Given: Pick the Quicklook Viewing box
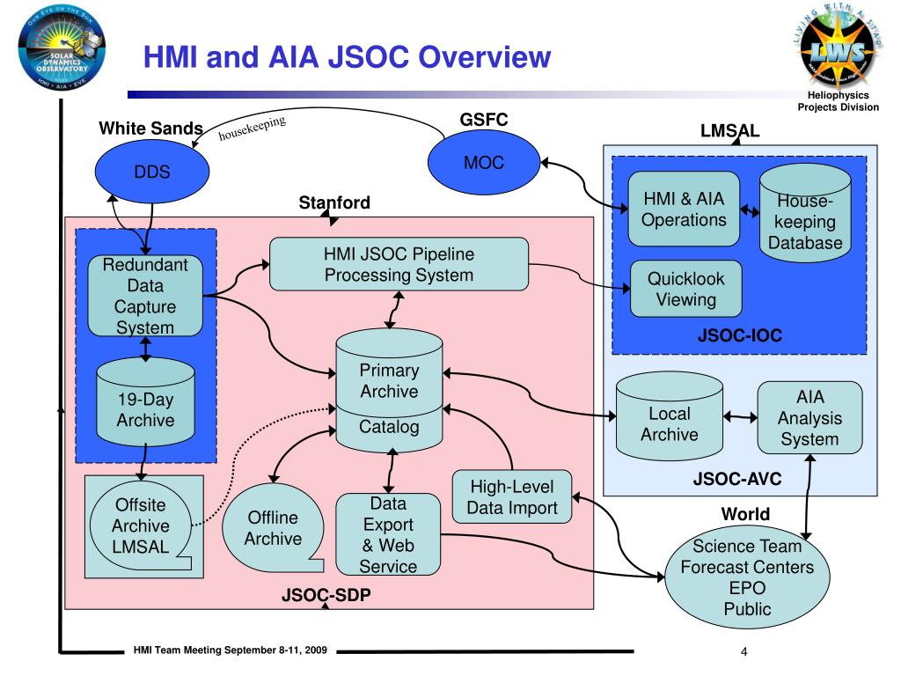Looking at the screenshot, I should (x=685, y=289).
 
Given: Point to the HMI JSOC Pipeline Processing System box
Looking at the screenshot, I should (x=399, y=264).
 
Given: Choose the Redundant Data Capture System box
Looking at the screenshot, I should (x=145, y=296).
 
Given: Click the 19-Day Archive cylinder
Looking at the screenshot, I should (x=145, y=408).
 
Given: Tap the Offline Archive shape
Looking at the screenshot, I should (x=272, y=527).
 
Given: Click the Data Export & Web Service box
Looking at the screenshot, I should (x=387, y=535).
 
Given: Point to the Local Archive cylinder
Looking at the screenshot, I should (x=669, y=420).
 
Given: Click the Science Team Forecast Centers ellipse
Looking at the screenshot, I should (x=746, y=576).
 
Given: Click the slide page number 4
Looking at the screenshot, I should (x=744, y=652).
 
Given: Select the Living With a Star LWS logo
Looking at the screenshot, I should (x=838, y=49).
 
